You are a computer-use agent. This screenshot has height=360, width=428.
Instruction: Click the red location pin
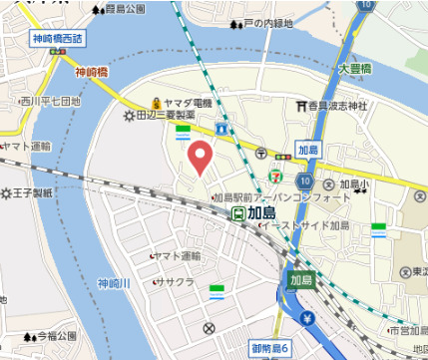[x=201, y=157]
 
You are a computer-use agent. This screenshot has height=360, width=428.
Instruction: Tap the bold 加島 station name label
[x=263, y=211]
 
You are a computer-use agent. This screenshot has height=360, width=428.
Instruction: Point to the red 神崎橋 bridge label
[x=92, y=72]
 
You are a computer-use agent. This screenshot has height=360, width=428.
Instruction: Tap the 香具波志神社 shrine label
[x=337, y=106]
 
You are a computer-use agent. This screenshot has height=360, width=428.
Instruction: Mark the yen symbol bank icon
[x=307, y=319]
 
